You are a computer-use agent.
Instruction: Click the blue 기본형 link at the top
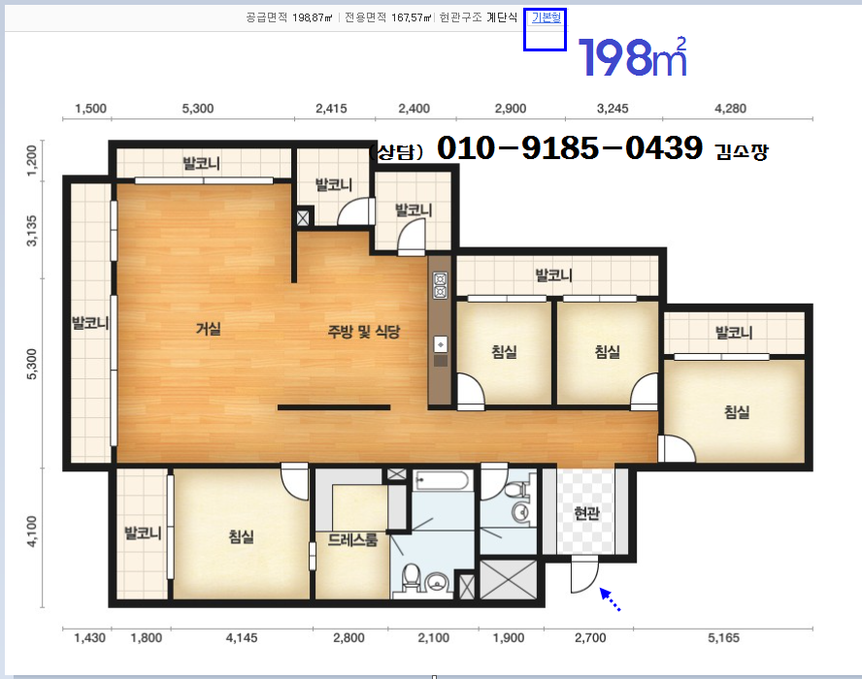(x=546, y=17)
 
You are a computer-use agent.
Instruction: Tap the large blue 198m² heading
(x=633, y=57)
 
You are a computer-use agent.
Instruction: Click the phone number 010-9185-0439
(x=570, y=147)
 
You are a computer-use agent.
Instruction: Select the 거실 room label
(x=209, y=329)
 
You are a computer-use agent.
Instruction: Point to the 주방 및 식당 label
(x=364, y=332)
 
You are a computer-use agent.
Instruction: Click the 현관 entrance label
(x=586, y=513)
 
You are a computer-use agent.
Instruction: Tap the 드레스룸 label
(x=352, y=540)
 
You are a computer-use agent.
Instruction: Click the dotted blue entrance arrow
(x=610, y=599)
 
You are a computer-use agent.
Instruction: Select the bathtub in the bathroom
(x=443, y=482)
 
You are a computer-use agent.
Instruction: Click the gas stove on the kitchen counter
(x=441, y=285)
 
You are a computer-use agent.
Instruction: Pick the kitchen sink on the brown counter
(x=441, y=344)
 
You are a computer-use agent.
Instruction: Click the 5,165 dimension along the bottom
(x=723, y=638)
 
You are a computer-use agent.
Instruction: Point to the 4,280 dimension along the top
(x=730, y=109)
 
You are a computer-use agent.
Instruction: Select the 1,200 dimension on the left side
(x=32, y=160)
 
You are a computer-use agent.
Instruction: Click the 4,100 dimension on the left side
(x=32, y=532)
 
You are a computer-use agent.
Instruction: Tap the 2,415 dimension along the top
(x=331, y=109)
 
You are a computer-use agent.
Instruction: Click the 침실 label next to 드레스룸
(x=242, y=536)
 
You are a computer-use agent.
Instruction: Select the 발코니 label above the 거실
(x=202, y=163)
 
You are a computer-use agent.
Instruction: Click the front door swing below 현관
(x=584, y=573)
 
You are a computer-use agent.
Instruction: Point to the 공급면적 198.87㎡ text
(x=289, y=17)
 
